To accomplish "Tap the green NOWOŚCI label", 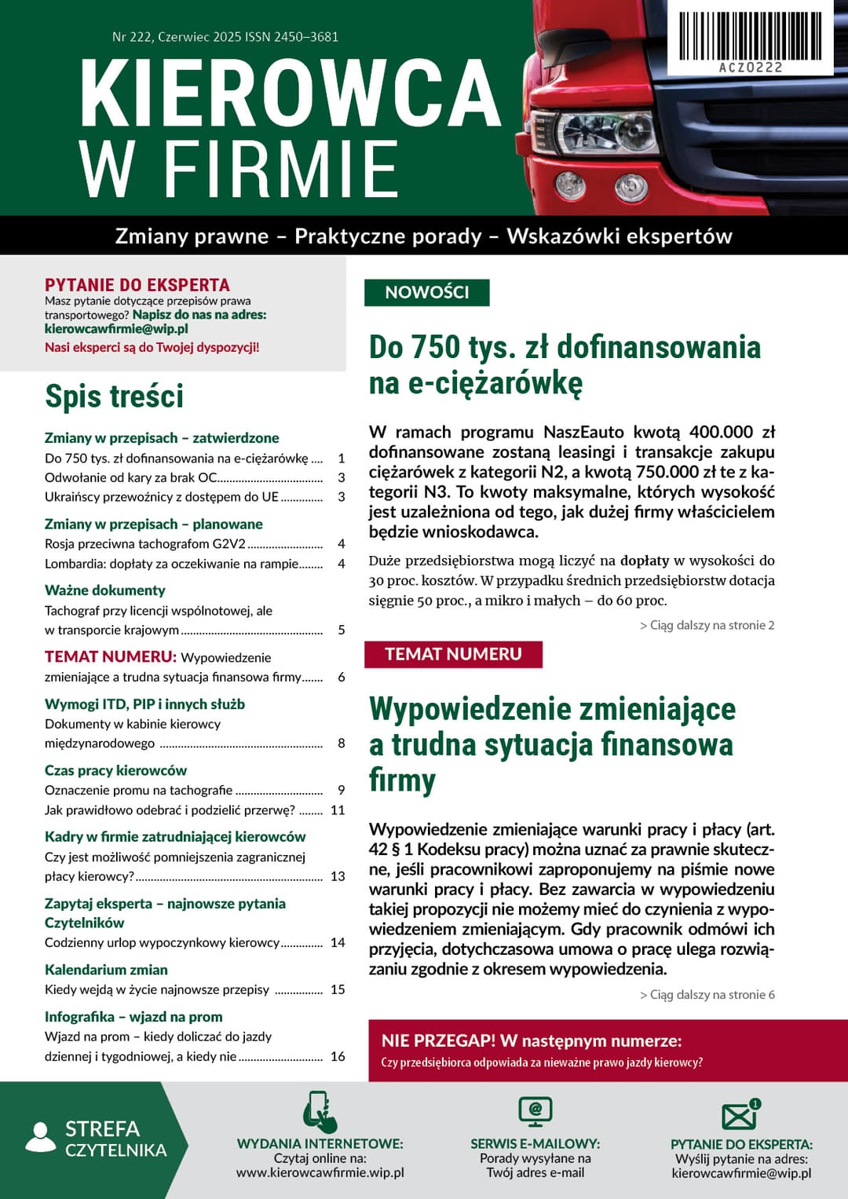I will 426,292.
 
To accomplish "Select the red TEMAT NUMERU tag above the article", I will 453,654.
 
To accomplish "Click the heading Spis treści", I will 114,396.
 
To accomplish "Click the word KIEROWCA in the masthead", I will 290,93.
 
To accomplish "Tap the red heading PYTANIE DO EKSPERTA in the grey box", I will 137,285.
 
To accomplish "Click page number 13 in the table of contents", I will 338,876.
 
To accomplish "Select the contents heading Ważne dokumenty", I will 105,590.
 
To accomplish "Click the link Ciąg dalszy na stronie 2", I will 707,625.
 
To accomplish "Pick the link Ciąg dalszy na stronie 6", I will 707,994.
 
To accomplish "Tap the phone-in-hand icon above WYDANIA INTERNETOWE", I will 320,1112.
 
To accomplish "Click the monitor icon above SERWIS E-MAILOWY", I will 535,1112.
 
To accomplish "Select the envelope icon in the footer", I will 740,1115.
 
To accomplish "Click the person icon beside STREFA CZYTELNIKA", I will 41,1138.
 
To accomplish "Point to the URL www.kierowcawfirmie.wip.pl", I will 320,1172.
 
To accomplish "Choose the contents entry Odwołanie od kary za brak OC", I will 131,477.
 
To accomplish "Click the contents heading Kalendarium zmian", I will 106,970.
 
